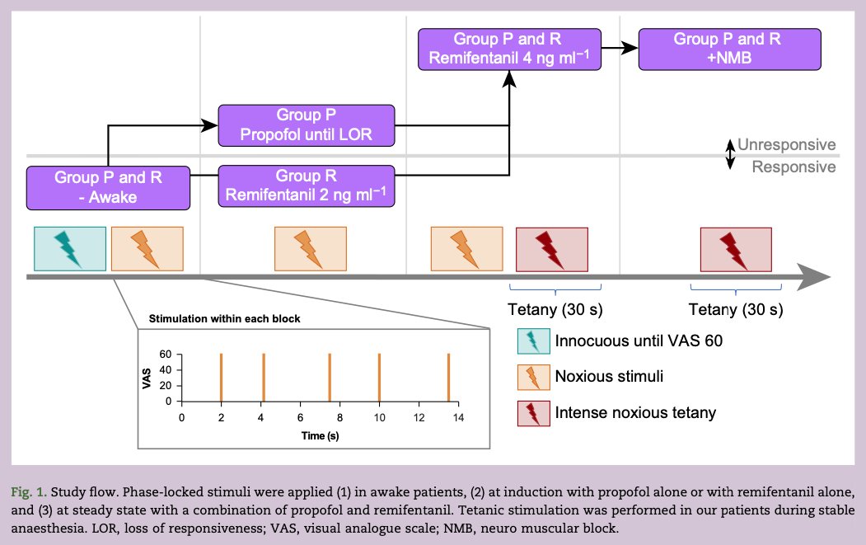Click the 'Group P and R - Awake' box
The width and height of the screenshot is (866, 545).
[x=108, y=187]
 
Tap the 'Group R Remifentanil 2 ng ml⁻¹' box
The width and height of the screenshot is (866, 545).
[x=306, y=186]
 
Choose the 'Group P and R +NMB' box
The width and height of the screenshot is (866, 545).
[x=730, y=49]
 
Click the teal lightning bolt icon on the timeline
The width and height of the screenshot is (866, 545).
[x=69, y=249]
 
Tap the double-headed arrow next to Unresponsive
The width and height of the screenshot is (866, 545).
[x=729, y=154]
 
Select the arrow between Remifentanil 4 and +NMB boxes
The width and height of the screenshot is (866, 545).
[x=620, y=49]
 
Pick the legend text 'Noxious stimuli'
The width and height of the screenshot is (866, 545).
[x=608, y=377]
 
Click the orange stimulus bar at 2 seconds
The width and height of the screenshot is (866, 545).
[x=221, y=378]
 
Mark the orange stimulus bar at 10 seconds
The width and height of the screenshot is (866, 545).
[x=379, y=378]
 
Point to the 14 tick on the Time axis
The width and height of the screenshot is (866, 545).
[x=458, y=418]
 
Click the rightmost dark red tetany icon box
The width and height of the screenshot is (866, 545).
[x=735, y=249]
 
